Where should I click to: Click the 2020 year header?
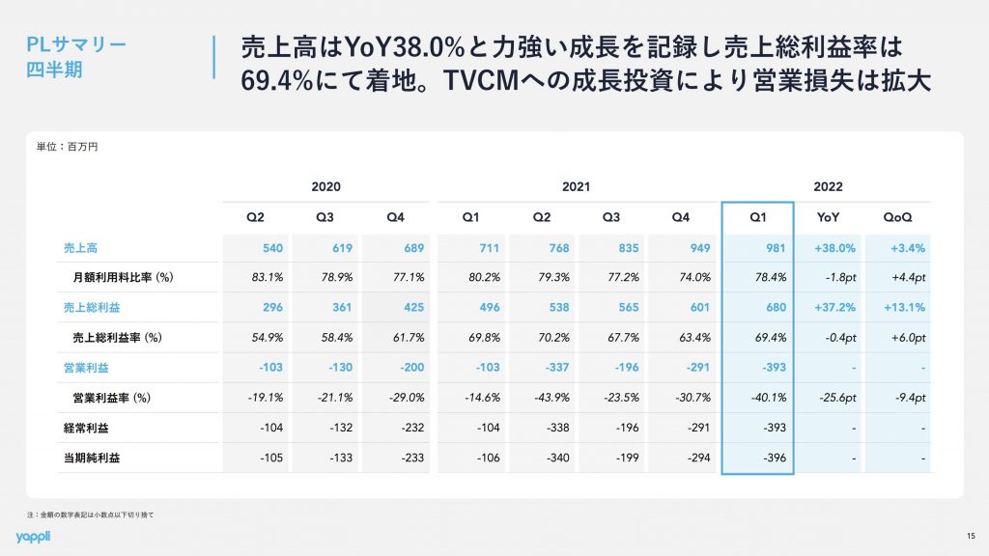[326, 186]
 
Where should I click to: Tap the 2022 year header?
[828, 186]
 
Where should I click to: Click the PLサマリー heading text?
[75, 44]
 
